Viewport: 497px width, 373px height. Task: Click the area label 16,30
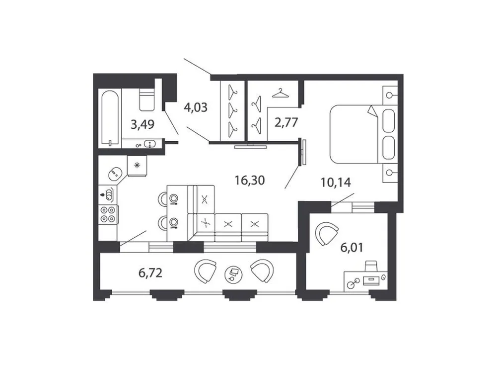pos(250,180)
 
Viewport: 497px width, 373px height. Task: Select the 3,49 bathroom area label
pos(142,124)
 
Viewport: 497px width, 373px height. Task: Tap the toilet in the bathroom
pos(146,99)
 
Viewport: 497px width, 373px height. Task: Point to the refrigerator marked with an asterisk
pos(138,166)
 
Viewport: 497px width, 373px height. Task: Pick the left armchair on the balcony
pos(205,272)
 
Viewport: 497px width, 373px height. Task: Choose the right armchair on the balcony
pos(262,271)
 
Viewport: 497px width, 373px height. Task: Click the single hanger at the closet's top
pos(281,93)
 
